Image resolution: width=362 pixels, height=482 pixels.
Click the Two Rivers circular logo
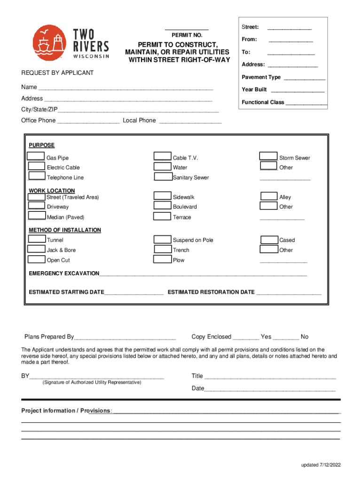pos(48,43)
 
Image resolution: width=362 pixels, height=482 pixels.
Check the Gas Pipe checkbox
pos(36,157)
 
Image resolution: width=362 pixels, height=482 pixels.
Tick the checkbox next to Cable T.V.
pos(163,157)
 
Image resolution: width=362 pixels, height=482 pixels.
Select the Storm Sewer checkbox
pos(269,157)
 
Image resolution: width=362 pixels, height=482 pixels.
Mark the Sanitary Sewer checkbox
pos(163,177)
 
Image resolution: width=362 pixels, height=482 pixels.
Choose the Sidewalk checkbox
pos(163,196)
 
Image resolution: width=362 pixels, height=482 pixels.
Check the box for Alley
pos(269,196)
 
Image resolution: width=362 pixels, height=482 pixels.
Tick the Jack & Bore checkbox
pos(36,249)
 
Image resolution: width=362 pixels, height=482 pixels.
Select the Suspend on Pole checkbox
pos(163,240)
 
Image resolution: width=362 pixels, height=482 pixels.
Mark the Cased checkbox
pos(269,240)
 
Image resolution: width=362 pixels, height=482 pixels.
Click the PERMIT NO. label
pos(187,35)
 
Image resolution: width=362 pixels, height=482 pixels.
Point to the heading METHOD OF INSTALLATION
pos(65,230)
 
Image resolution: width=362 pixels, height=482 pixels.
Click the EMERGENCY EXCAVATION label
pos(64,273)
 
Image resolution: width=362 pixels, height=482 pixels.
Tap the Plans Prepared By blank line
pos(125,337)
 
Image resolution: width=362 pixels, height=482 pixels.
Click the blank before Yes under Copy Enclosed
pos(245,337)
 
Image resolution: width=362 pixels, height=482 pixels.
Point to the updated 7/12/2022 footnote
pos(321,465)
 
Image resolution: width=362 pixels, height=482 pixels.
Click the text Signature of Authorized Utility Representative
pos(92,382)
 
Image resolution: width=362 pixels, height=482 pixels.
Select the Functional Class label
pos(263,102)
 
